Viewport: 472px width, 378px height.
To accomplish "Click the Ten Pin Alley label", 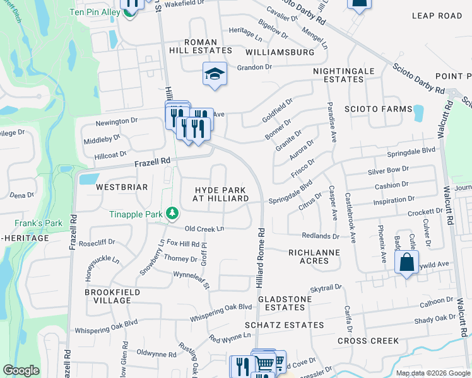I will coord(95,11).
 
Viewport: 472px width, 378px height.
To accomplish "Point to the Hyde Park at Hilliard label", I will coord(221,194).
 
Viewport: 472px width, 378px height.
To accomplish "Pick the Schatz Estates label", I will coord(285,325).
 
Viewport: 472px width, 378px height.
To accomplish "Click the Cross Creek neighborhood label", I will coord(368,341).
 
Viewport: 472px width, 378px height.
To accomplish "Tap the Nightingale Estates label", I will coord(344,75).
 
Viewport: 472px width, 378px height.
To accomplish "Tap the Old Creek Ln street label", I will coord(204,228).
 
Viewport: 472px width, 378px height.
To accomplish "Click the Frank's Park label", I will coord(38,223).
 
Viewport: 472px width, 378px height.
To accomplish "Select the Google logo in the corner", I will coord(21,370).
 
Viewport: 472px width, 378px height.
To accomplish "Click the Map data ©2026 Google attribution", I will coord(432,373).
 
